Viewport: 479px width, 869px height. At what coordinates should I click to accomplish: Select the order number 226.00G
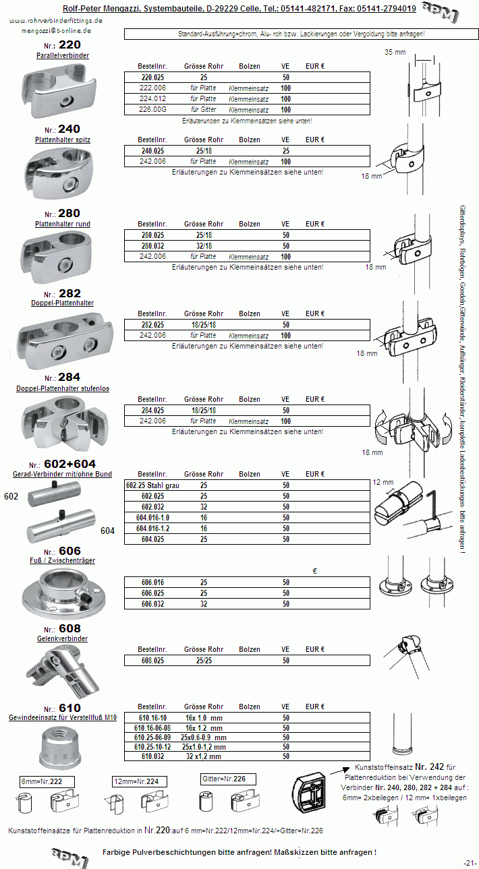tap(152, 109)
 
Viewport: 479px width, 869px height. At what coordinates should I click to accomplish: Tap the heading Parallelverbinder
tap(62, 55)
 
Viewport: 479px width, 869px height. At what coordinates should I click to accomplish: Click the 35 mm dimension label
tap(395, 52)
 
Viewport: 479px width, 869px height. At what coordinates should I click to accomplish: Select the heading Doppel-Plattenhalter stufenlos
tap(63, 388)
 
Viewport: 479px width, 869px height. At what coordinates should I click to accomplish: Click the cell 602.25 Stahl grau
tap(152, 485)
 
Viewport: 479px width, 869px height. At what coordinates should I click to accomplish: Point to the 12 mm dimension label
tap(383, 483)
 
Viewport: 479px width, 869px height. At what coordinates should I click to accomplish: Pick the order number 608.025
tap(152, 661)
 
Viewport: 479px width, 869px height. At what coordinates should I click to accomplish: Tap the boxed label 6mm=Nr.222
tap(46, 780)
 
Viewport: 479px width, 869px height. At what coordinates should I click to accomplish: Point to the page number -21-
tap(470, 863)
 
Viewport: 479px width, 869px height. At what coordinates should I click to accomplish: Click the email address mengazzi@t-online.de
tap(57, 30)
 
